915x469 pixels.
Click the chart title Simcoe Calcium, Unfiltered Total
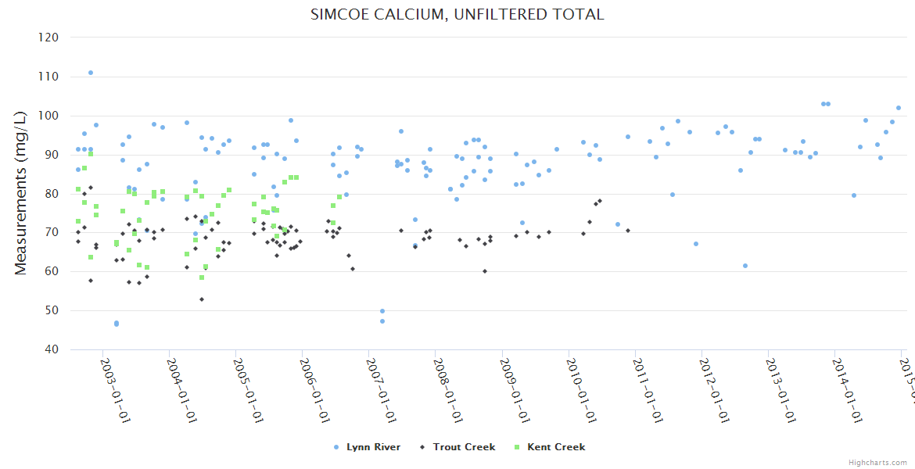(457, 14)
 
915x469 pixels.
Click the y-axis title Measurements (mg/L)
(21, 192)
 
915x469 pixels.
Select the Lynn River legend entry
(373, 447)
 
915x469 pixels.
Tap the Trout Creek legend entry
(464, 447)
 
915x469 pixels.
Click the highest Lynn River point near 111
(91, 73)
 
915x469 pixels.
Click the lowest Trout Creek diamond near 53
(202, 299)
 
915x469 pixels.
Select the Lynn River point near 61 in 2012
(745, 266)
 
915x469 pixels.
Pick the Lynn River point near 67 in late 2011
(696, 244)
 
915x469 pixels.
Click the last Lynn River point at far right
(899, 108)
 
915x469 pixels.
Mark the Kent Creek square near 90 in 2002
(91, 154)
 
